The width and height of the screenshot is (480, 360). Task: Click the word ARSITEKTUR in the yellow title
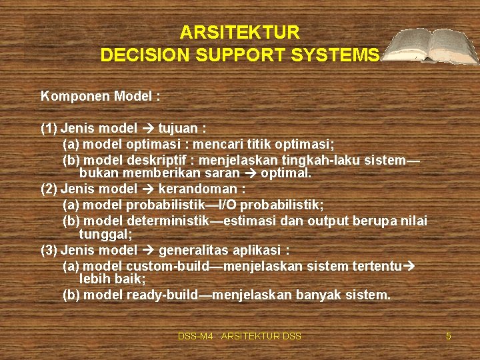click(240, 33)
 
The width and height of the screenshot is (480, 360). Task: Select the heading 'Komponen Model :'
click(100, 96)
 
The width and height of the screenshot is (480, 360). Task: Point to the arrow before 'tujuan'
click(148, 128)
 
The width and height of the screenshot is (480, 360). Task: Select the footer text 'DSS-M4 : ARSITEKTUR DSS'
click(239, 337)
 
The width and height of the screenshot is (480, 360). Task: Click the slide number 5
click(449, 337)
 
